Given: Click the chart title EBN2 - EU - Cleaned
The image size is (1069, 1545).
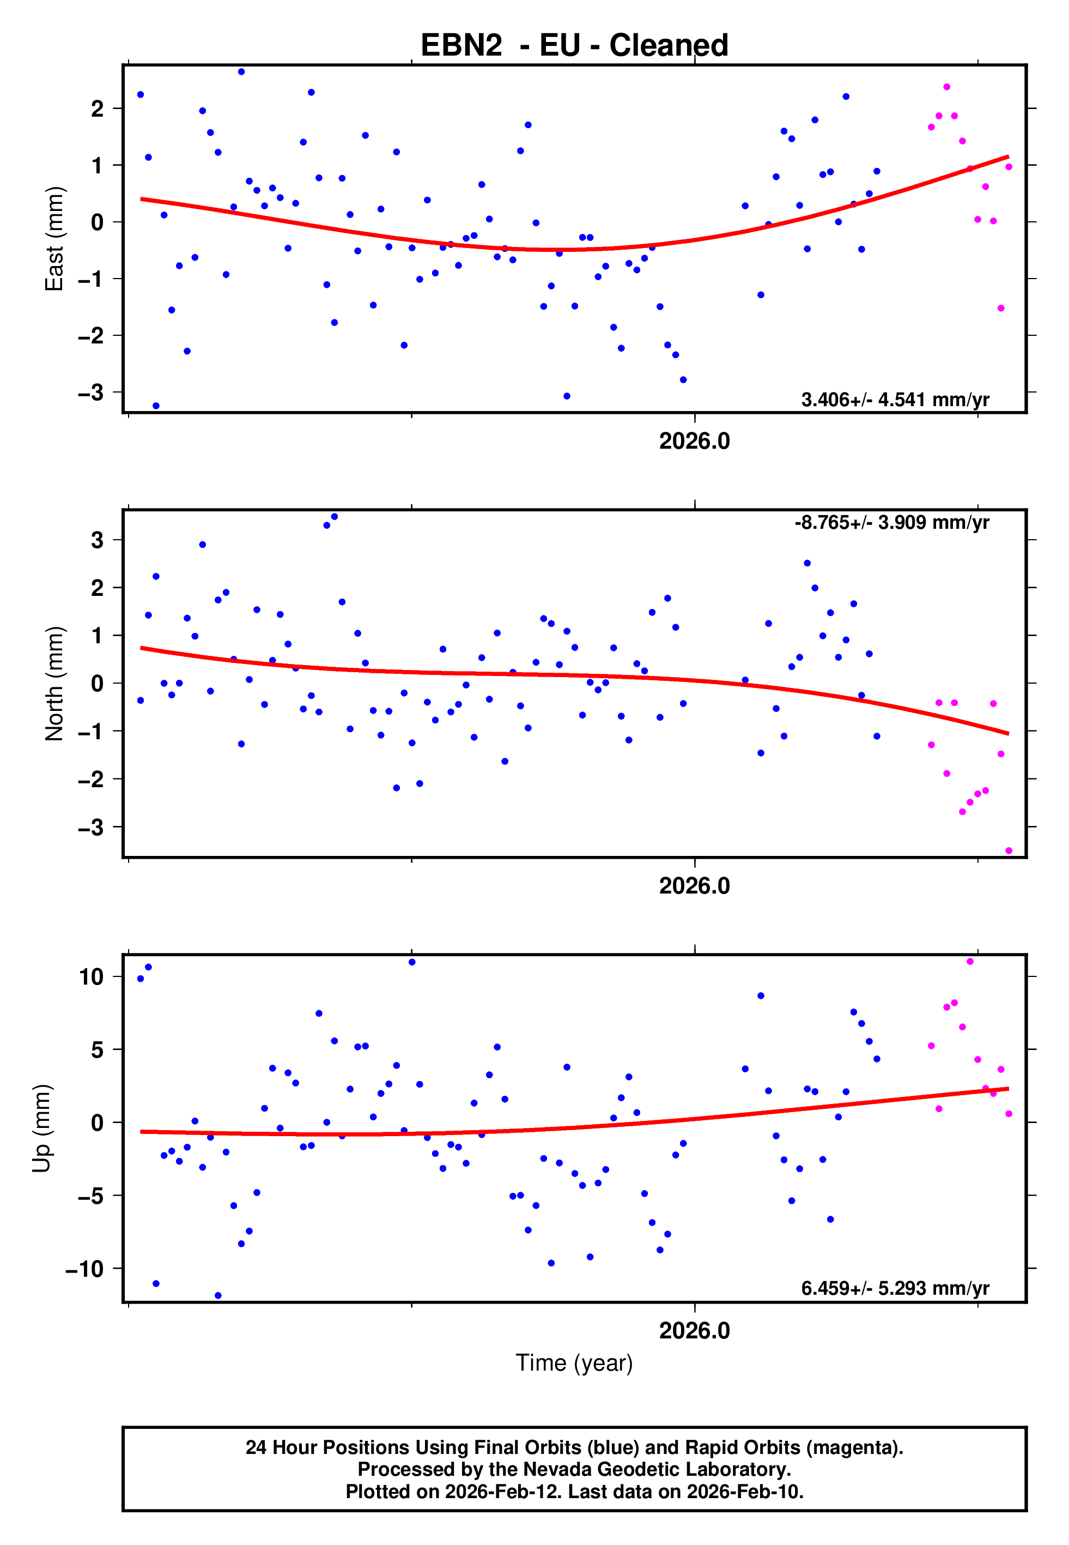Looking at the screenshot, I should [574, 46].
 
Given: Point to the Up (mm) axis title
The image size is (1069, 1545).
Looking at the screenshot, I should [41, 1128].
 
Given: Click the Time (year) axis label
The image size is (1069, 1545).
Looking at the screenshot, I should [574, 1363].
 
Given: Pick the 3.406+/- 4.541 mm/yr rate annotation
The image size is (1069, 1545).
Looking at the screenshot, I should [895, 400].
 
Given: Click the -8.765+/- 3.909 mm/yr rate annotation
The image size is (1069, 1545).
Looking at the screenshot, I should [891, 523].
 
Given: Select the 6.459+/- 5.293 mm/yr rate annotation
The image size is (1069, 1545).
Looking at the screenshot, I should [895, 1288].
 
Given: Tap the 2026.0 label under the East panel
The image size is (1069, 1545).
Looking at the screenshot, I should [695, 442].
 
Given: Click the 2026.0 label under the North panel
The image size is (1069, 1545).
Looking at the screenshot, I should [695, 886].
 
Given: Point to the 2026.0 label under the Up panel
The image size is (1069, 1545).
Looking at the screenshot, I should [695, 1331].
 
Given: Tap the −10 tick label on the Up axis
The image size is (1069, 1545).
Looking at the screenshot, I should [84, 1269].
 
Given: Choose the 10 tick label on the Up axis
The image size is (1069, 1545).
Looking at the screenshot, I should [92, 977].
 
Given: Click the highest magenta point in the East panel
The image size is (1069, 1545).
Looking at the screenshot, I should [946, 87].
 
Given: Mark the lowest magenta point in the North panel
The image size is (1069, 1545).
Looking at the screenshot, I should [1009, 851].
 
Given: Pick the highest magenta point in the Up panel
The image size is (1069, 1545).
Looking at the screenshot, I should [970, 962].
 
